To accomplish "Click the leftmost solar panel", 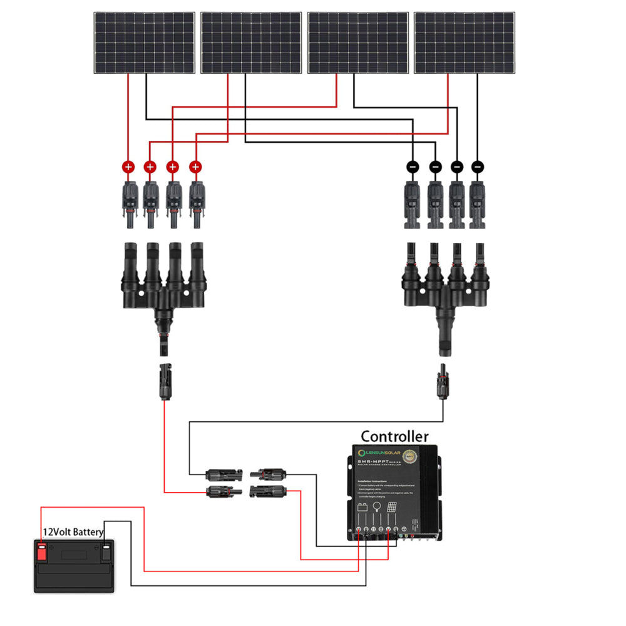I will point(144,43).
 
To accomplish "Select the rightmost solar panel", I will point(464,43).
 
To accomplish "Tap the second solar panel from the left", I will point(250,43).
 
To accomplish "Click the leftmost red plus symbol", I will point(128,167).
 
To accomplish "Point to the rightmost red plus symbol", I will point(195,167).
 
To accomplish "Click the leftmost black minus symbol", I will point(413,167).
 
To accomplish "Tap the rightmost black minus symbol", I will point(478,167).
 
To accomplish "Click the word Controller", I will point(394,436).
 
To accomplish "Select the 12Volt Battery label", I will point(73,532).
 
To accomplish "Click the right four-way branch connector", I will point(445,282).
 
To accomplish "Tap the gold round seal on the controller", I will point(409,456).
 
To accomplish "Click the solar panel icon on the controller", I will point(391,508).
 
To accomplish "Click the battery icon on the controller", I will point(362,508).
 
